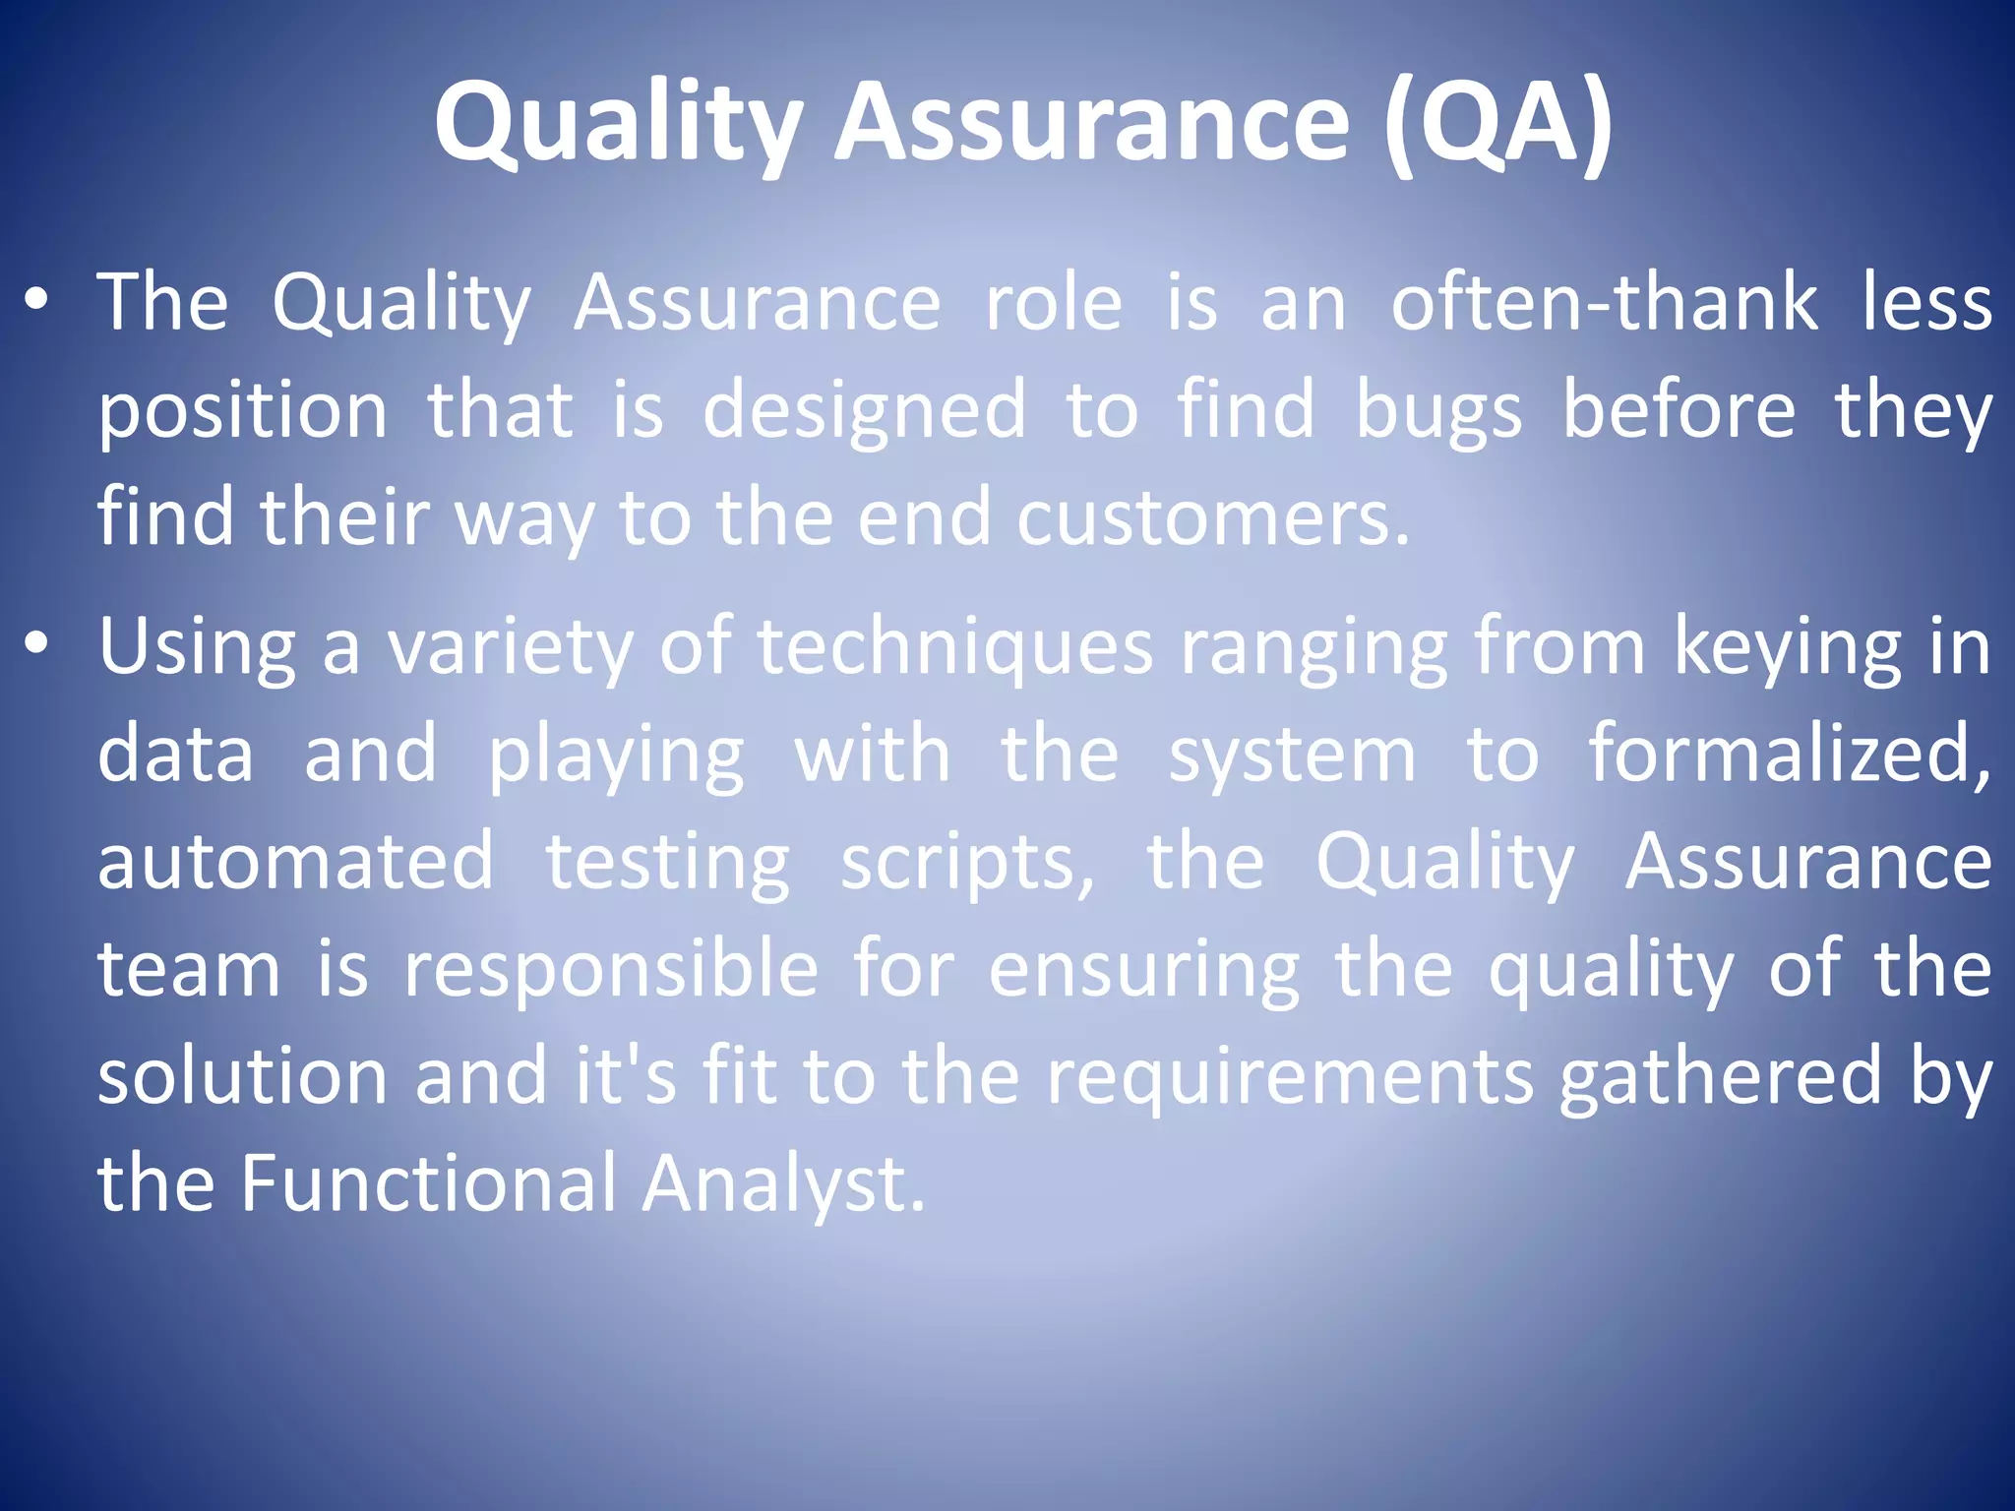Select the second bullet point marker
point(36,645)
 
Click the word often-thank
point(1604,303)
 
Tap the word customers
point(1212,517)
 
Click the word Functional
point(427,1182)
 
